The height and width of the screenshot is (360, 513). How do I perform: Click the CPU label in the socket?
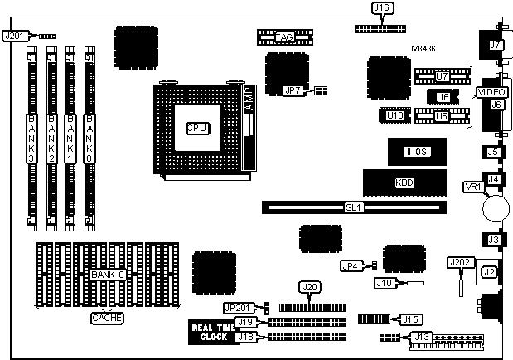(x=196, y=128)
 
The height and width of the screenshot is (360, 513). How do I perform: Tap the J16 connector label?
(x=381, y=8)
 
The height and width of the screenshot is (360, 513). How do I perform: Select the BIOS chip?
(x=415, y=152)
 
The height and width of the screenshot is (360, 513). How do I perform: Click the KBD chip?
(x=405, y=182)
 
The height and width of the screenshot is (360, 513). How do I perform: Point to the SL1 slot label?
(x=354, y=207)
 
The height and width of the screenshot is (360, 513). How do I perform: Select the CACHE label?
(x=105, y=318)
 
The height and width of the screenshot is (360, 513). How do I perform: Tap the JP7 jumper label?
(x=293, y=90)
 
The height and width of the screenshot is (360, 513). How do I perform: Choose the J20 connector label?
(x=310, y=287)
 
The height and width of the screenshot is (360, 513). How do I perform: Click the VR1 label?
(x=472, y=187)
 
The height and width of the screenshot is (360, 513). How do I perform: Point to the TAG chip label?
(x=285, y=37)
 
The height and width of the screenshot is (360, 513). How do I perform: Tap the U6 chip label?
(x=443, y=97)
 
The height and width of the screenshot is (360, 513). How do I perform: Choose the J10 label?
(x=384, y=283)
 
